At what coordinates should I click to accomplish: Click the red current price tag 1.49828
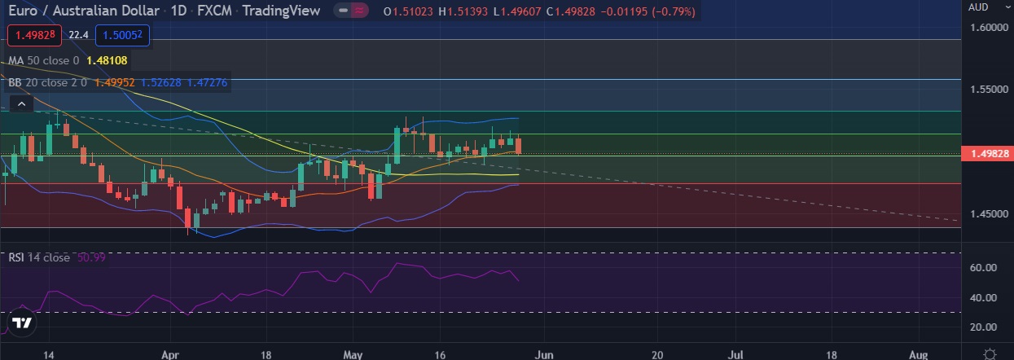986,153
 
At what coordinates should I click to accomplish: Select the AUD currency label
978,7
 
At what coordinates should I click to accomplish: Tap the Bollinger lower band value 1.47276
207,82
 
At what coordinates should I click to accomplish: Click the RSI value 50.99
92,257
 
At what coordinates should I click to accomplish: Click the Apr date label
170,355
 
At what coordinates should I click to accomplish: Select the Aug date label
918,355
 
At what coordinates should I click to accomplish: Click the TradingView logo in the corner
22,323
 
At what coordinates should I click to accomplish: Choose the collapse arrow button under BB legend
22,103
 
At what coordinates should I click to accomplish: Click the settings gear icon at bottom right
990,354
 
